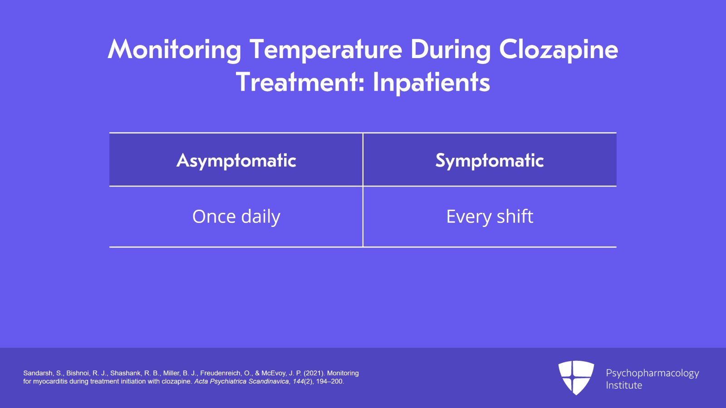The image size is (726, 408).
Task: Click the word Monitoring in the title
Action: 174,50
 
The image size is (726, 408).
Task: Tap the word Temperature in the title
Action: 326,50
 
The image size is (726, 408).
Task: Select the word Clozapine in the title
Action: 559,50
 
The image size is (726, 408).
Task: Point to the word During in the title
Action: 451,50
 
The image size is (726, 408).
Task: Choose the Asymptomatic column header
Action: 236,160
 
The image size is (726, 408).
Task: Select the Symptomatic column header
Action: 490,160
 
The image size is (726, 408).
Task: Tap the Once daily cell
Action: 236,216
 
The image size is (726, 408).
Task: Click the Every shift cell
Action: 490,216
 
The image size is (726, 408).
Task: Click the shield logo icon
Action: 576,378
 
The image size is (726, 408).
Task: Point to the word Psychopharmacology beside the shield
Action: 652,374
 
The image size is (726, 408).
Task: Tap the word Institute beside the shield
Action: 624,385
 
